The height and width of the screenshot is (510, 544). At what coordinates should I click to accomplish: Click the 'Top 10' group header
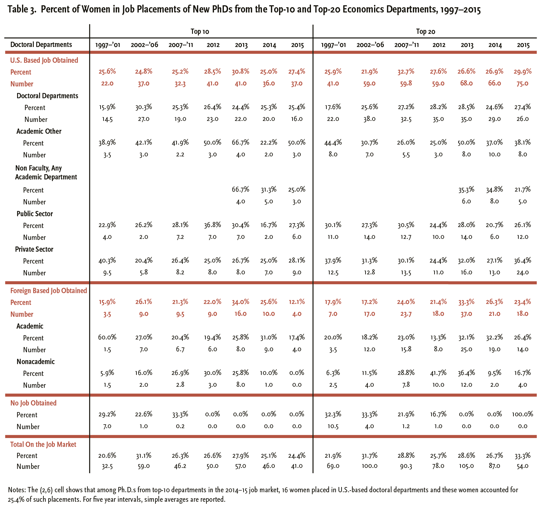200,32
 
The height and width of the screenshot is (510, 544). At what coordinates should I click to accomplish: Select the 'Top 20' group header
425,32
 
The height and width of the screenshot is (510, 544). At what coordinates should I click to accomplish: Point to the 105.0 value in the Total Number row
467,466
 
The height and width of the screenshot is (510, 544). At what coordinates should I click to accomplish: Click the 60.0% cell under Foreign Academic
107,337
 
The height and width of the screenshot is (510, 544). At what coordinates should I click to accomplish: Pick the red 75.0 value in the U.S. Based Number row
523,83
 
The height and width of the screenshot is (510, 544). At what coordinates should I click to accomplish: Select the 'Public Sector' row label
35,214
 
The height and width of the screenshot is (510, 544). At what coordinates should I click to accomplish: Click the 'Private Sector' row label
34,249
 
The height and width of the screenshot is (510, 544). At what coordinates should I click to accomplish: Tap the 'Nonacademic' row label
35,361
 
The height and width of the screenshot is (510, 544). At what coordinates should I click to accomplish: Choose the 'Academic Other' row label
39,131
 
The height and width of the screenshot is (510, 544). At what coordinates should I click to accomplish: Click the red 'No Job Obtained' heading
33,403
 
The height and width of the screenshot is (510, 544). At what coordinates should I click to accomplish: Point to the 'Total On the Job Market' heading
43,444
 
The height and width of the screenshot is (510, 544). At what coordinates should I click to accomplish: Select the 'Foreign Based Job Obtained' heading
49,290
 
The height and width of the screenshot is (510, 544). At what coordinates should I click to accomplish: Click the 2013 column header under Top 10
241,45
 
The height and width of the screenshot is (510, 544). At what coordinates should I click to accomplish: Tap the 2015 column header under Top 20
523,45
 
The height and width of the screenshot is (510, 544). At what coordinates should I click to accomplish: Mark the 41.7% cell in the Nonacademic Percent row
439,373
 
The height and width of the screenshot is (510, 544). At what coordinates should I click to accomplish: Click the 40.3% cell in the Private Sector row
107,261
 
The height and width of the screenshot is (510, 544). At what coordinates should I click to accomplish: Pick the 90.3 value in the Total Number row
406,466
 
